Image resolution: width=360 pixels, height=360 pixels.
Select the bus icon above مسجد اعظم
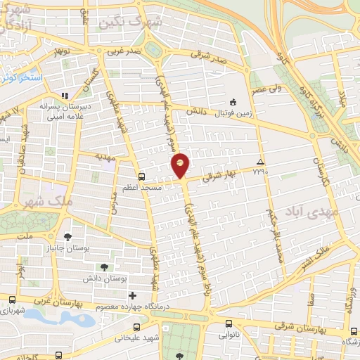[143, 176]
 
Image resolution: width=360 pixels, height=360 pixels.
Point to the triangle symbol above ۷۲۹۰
[261, 160]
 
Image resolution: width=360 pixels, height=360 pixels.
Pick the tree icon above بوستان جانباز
[67, 237]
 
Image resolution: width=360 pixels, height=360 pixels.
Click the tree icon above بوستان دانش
[105, 266]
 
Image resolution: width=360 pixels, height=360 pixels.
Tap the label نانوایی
[229, 336]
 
